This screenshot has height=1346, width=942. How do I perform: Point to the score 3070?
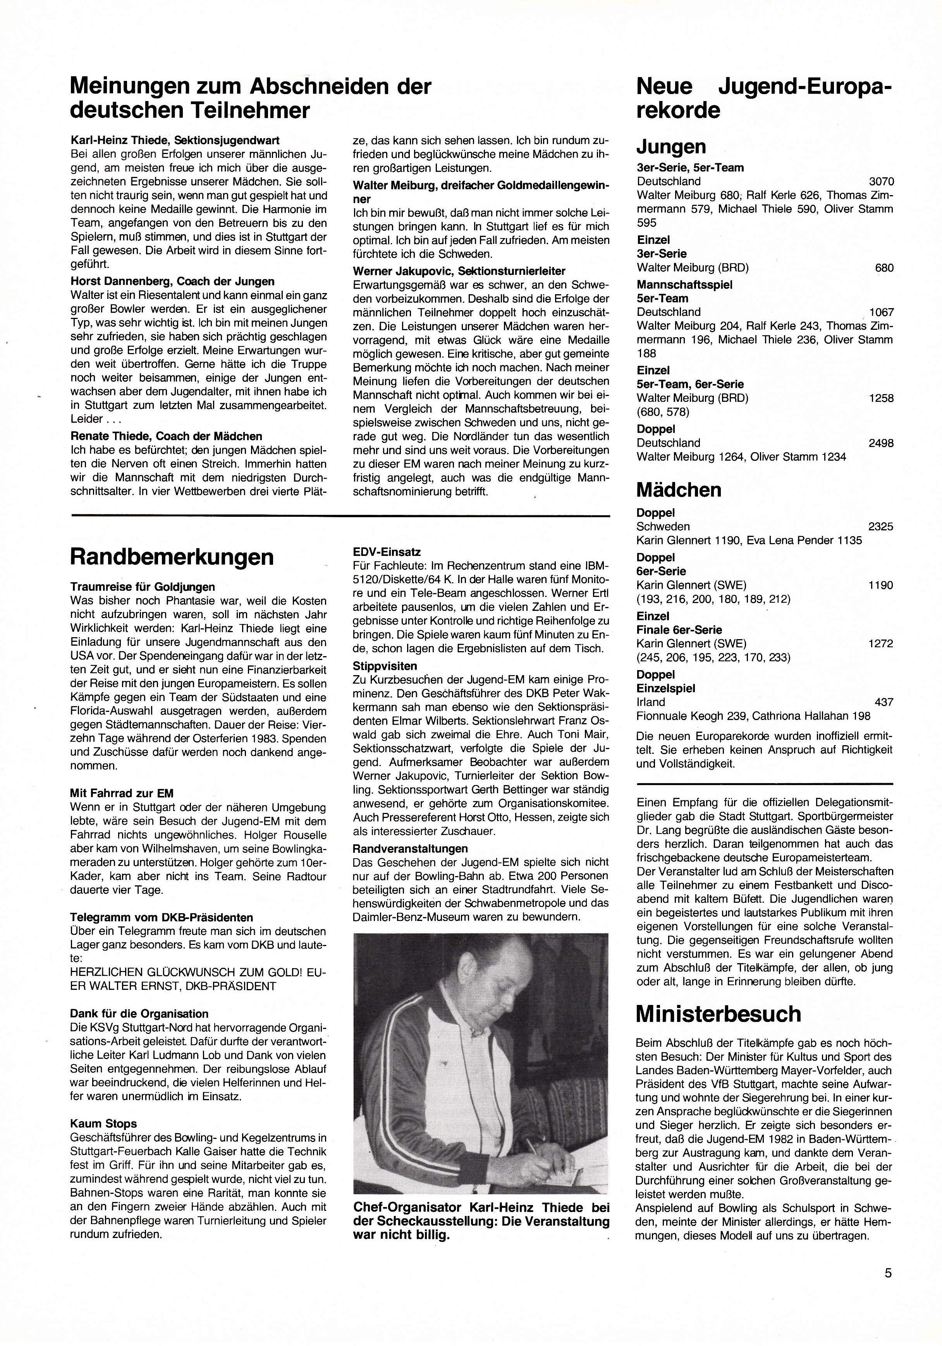[881, 182]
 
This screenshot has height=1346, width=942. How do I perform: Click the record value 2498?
[881, 443]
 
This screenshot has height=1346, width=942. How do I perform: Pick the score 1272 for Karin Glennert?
[881, 644]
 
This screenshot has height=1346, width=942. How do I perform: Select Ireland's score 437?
[884, 702]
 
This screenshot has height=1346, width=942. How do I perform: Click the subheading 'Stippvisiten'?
[385, 666]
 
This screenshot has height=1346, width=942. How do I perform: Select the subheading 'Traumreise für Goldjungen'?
[143, 587]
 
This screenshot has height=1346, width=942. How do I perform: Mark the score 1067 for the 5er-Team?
[882, 312]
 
